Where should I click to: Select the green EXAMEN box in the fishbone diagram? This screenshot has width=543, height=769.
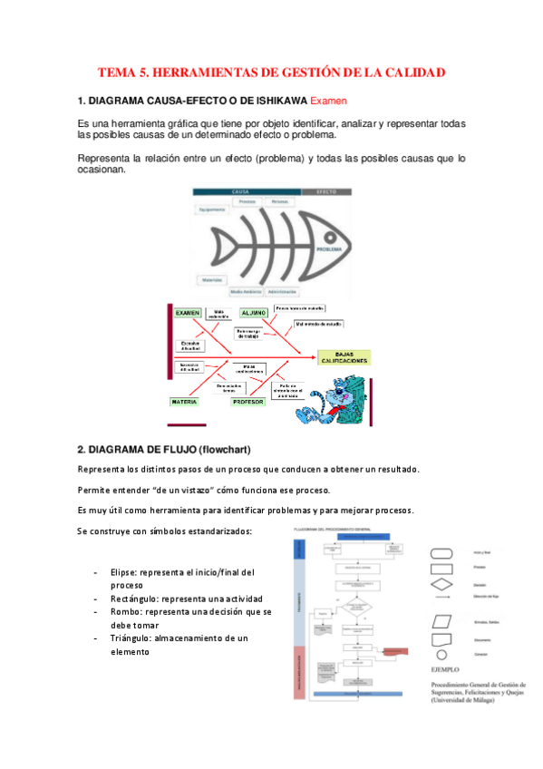(x=188, y=312)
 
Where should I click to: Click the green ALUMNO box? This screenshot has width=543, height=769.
(x=254, y=312)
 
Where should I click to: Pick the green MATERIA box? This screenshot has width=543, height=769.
(x=185, y=400)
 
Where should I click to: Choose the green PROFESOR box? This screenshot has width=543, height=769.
(x=247, y=400)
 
